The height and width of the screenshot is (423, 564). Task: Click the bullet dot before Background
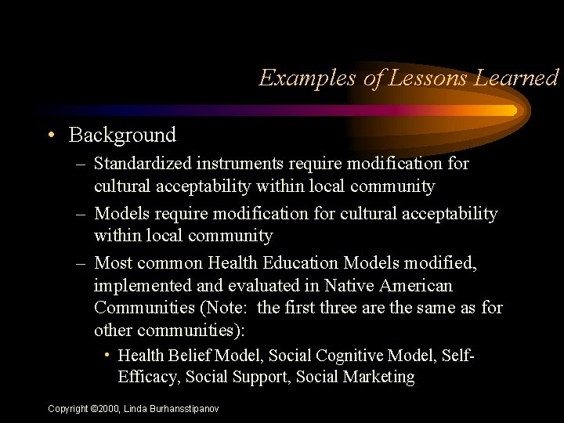coord(50,135)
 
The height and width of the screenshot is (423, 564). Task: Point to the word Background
coord(122,135)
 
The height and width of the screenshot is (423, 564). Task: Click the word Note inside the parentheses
coord(231,308)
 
